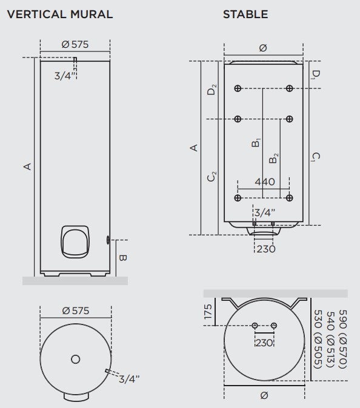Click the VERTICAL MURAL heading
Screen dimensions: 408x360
[x=59, y=15]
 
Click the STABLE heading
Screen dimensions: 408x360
[x=245, y=15]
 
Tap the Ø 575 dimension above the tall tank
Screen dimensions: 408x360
[x=75, y=44]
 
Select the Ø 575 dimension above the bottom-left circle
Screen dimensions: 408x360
[x=75, y=311]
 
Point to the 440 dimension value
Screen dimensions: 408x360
[x=264, y=182]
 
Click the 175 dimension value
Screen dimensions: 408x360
[x=208, y=312]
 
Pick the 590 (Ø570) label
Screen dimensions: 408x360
[x=343, y=339]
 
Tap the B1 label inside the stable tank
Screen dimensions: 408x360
[x=257, y=143]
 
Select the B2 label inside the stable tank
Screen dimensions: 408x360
[x=275, y=159]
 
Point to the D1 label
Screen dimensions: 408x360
[x=315, y=74]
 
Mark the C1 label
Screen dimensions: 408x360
[x=315, y=157]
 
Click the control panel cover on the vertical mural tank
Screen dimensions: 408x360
[x=75, y=241]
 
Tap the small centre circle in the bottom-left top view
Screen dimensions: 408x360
[x=75, y=359]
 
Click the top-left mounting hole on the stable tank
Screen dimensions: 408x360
[x=238, y=88]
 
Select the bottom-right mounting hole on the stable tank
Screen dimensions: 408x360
[x=290, y=198]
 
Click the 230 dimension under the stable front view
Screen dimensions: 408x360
[x=264, y=249]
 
